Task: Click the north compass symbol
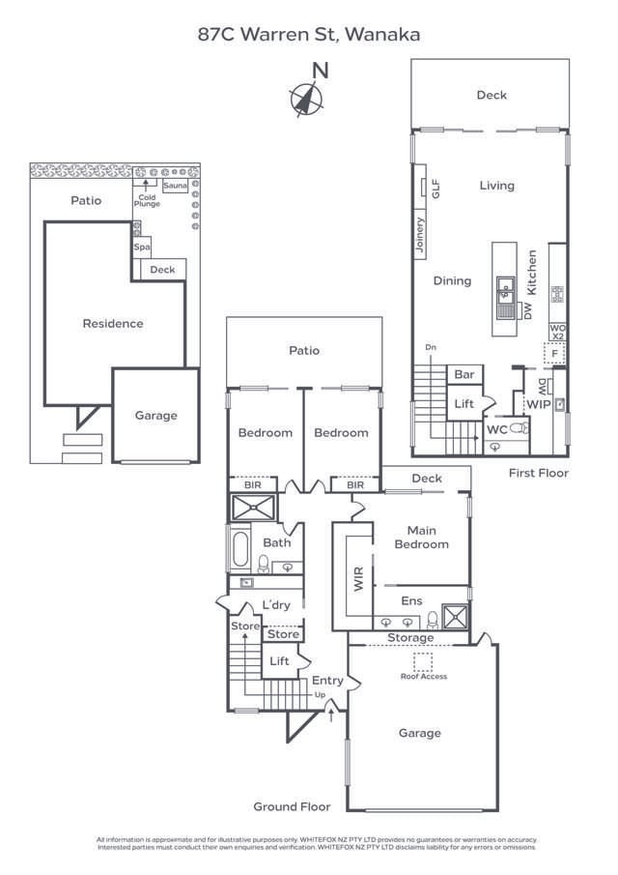coord(306,100)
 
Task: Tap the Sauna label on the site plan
coord(175,186)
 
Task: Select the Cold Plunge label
coord(147,200)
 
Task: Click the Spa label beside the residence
coord(142,247)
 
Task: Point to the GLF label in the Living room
coord(435,189)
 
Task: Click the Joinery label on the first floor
coord(420,234)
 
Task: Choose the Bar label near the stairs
coord(464,374)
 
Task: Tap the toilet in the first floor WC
coord(519,428)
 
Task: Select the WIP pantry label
coord(538,404)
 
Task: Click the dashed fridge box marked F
coord(554,353)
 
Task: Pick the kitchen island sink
coord(506,290)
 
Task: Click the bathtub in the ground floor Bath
coord(240,549)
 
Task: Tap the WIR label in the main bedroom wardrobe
coord(358,579)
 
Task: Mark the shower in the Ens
coord(455,617)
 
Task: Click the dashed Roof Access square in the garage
coord(423,662)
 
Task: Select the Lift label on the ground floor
coord(279,661)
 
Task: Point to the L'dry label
coord(276,605)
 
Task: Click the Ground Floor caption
coord(292,807)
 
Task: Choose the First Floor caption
coord(538,473)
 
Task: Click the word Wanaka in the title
coord(382,35)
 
